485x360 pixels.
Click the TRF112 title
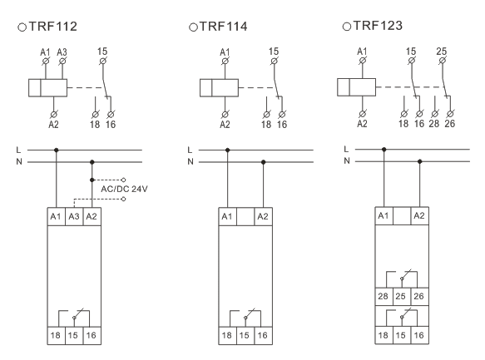tap(52, 27)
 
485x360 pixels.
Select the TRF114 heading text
tap(223, 27)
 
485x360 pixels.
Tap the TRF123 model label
tap(378, 26)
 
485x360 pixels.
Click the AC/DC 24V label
tap(124, 189)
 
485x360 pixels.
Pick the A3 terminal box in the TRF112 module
tap(74, 217)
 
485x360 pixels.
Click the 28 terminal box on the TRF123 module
tap(384, 296)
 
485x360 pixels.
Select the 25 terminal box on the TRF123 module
tap(402, 296)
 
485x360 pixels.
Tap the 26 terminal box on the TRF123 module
tap(419, 296)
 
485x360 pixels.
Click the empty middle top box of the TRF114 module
tap(245, 217)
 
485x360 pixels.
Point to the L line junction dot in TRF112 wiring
tap(57, 150)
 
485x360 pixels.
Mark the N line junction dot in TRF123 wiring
tap(420, 161)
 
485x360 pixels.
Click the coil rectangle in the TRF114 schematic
tap(219, 88)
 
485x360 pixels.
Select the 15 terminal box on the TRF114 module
tap(245, 336)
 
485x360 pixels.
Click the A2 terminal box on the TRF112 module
tap(92, 217)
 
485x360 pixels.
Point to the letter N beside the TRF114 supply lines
tap(191, 161)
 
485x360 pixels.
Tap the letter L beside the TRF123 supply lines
tap(346, 150)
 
